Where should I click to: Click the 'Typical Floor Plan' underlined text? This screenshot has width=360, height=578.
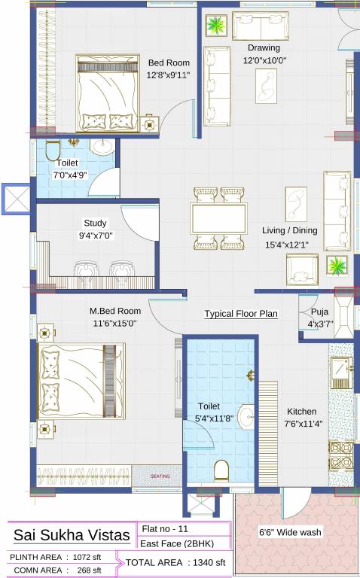click(x=241, y=313)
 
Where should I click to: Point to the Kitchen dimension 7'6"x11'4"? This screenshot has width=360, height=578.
click(x=301, y=424)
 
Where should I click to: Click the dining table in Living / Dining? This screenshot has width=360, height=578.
click(x=219, y=219)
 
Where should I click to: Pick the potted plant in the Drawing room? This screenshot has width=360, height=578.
click(x=216, y=26)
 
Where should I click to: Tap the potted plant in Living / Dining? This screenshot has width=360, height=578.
click(x=337, y=266)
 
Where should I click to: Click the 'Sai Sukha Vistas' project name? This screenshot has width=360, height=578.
click(x=66, y=535)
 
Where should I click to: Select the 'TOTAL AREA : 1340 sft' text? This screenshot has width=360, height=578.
click(x=175, y=562)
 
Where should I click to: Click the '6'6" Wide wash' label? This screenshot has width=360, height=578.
click(x=290, y=532)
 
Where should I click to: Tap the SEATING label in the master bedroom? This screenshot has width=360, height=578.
click(x=160, y=476)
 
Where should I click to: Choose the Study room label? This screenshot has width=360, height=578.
click(x=95, y=223)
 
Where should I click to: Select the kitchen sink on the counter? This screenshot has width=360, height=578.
click(x=341, y=370)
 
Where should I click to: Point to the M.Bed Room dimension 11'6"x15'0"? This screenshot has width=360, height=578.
click(x=114, y=323)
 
